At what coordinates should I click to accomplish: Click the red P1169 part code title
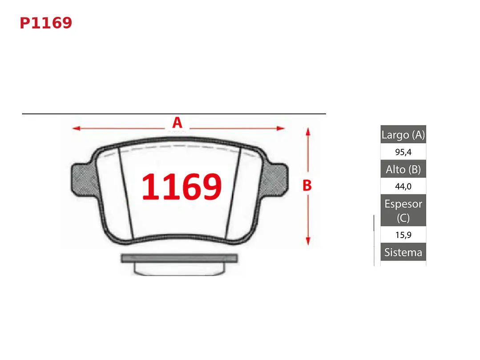pos(46,23)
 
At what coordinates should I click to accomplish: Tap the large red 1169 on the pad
pos(182,186)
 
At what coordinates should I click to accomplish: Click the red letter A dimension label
pos(177,123)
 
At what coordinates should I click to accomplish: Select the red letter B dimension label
pos(307,186)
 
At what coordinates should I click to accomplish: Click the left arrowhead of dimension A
pos(76,128)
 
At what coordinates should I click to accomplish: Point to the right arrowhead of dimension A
pos(281,128)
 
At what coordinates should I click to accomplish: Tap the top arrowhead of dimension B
pos(308,132)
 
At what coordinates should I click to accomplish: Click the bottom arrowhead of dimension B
pos(308,241)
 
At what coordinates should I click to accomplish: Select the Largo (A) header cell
pos(403,134)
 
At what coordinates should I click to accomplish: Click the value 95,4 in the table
pos(403,152)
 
